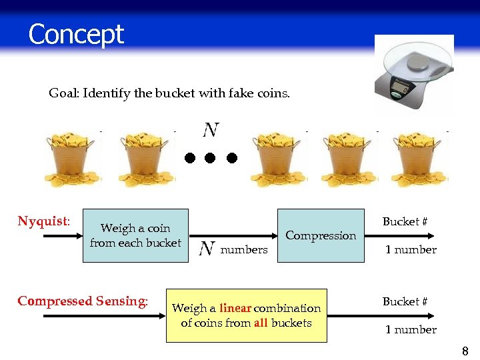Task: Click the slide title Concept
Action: tap(76, 34)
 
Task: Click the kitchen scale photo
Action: tap(413, 75)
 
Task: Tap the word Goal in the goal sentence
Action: tap(63, 93)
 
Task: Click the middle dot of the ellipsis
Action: tap(211, 158)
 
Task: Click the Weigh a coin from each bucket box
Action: tap(135, 235)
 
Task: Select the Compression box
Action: tap(321, 235)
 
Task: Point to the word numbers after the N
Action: tap(243, 250)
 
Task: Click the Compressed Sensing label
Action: tap(83, 301)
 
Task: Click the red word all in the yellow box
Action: tap(261, 323)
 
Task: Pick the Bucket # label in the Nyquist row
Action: tap(405, 222)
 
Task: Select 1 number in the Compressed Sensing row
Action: tap(411, 330)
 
